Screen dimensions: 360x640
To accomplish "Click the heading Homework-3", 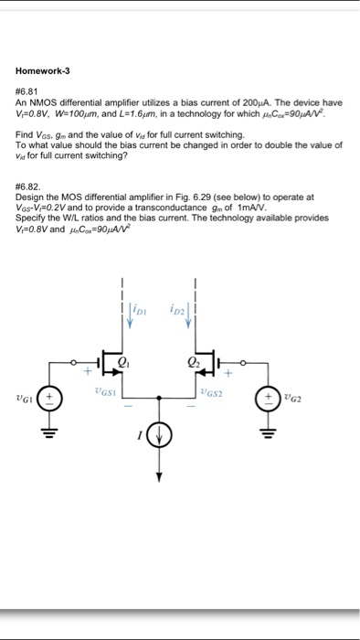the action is [43, 71].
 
